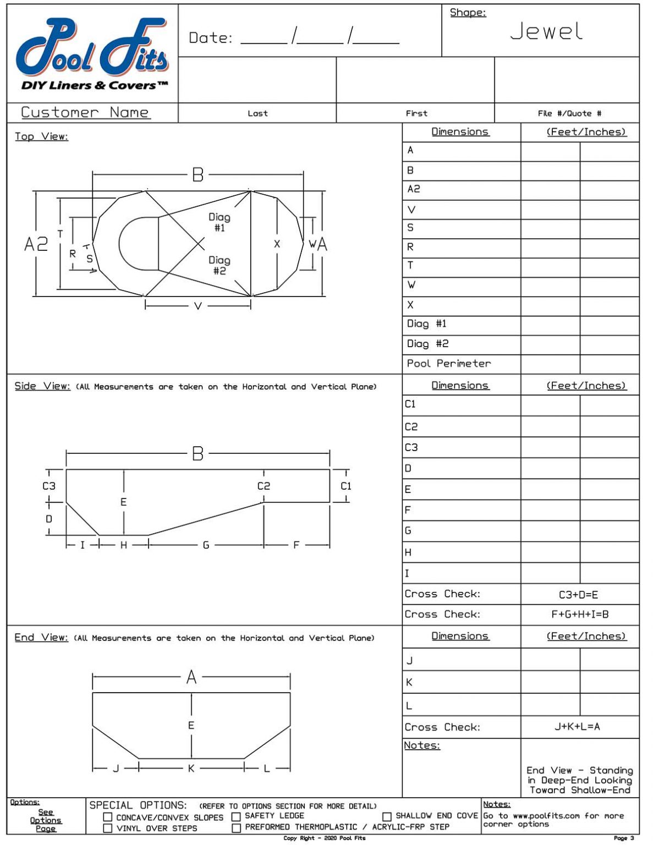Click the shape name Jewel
click(x=546, y=32)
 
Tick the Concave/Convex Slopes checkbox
click(x=108, y=817)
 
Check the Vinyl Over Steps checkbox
click(x=108, y=828)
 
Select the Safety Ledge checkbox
click(x=236, y=817)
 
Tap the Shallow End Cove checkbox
click(x=387, y=817)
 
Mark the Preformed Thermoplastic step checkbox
click(x=236, y=828)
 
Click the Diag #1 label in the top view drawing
click(x=219, y=222)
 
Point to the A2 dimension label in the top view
click(x=36, y=244)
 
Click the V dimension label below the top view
click(x=198, y=306)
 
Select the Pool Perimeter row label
click(x=448, y=364)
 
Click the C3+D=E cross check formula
click(x=578, y=595)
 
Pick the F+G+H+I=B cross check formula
click(x=579, y=614)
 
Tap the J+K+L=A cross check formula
click(x=577, y=727)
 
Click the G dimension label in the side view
click(x=206, y=545)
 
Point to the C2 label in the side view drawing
click(x=264, y=486)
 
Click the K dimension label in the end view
click(x=191, y=769)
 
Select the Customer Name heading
click(x=85, y=113)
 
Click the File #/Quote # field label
click(x=569, y=113)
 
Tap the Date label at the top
click(x=210, y=38)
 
